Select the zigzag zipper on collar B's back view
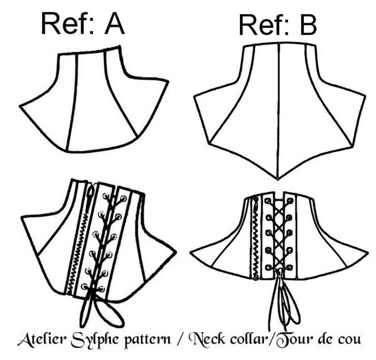[256, 240]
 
